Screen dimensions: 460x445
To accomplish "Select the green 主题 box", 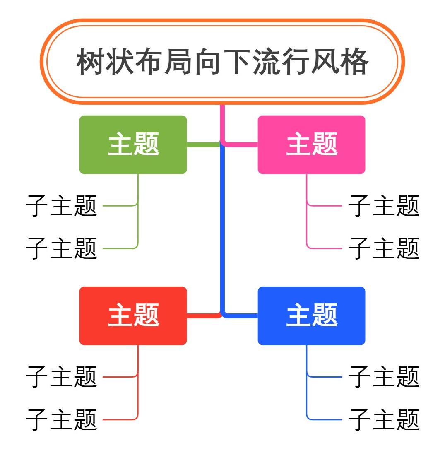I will click(133, 145).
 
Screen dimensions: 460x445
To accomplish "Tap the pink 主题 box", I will click(311, 145).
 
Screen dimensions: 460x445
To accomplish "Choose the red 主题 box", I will click(133, 315).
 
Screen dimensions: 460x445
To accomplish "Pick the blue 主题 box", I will click(311, 315).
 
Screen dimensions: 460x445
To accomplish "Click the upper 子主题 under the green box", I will click(61, 206).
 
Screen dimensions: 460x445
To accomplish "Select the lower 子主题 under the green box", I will click(61, 248).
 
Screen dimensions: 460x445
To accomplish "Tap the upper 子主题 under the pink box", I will click(384, 206).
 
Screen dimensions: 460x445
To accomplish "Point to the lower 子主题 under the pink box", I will click(384, 248).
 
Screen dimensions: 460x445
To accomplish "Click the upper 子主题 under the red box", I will click(61, 377).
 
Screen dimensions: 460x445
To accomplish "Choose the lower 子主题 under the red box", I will click(61, 420).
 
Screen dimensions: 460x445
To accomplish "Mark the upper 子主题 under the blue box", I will click(384, 377).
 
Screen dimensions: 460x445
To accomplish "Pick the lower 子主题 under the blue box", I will click(384, 420).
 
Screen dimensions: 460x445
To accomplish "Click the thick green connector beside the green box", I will click(202, 145).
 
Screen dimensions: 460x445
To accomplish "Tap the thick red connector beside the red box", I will click(202, 316).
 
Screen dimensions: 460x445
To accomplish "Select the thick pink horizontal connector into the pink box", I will click(242, 145).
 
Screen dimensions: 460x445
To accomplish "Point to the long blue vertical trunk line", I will click(222, 232).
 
